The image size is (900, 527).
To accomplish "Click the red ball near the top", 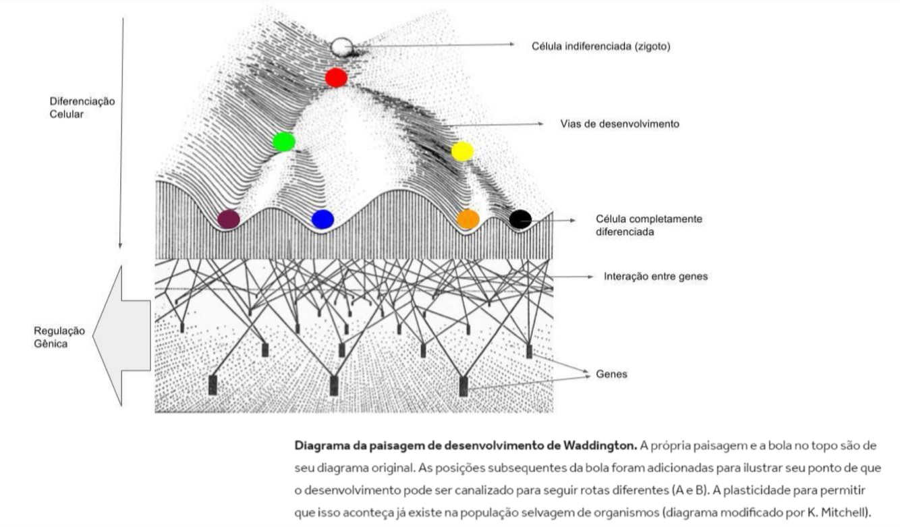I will click(336, 78).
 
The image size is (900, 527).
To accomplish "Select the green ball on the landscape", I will click(284, 141).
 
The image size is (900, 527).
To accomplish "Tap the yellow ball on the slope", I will click(463, 151).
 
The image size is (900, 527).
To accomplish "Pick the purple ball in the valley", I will click(229, 219).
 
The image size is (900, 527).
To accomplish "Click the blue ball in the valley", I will click(322, 219).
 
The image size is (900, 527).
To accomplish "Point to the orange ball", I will click(468, 219).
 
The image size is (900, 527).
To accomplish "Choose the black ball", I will click(520, 219).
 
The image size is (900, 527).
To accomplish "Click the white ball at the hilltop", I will click(341, 47).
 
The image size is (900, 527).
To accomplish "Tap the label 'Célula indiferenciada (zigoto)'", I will click(601, 47).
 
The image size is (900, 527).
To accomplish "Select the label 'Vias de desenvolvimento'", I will click(619, 124).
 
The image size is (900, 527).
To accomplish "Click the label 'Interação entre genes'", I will click(656, 276).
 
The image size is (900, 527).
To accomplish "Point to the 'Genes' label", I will click(611, 374).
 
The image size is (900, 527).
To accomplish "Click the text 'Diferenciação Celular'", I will click(82, 107).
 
